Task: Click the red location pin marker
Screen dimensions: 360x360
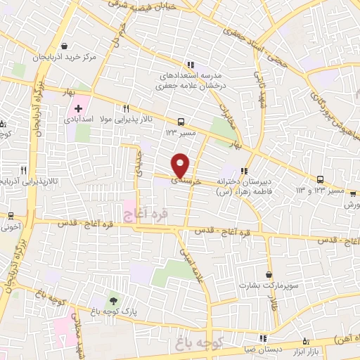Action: click(x=181, y=165)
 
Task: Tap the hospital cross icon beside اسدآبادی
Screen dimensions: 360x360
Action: click(x=79, y=109)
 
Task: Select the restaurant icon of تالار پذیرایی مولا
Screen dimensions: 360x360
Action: click(x=127, y=108)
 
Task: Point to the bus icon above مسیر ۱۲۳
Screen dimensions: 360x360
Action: click(x=182, y=121)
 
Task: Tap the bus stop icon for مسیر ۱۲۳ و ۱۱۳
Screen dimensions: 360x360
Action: click(x=321, y=180)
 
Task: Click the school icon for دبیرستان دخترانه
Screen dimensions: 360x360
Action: click(x=244, y=170)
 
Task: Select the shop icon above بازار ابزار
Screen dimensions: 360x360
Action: click(x=305, y=339)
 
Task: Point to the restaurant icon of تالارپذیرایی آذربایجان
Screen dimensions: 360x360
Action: click(x=23, y=169)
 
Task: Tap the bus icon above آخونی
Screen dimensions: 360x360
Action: click(x=12, y=216)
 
